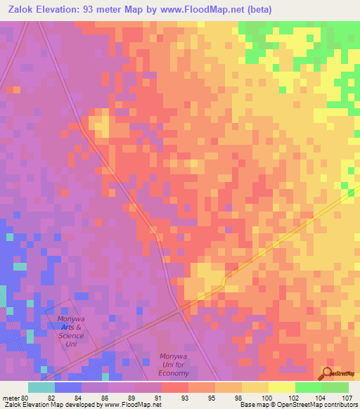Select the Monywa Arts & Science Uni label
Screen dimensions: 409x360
click(x=70, y=327)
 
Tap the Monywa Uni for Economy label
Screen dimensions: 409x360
click(x=174, y=365)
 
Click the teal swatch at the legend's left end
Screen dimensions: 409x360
click(x=41, y=387)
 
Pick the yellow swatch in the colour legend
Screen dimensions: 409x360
click(x=281, y=387)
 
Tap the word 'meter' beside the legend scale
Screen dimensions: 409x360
click(x=8, y=397)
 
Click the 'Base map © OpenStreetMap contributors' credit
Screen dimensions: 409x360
click(x=298, y=405)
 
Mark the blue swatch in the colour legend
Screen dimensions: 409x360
click(x=68, y=387)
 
